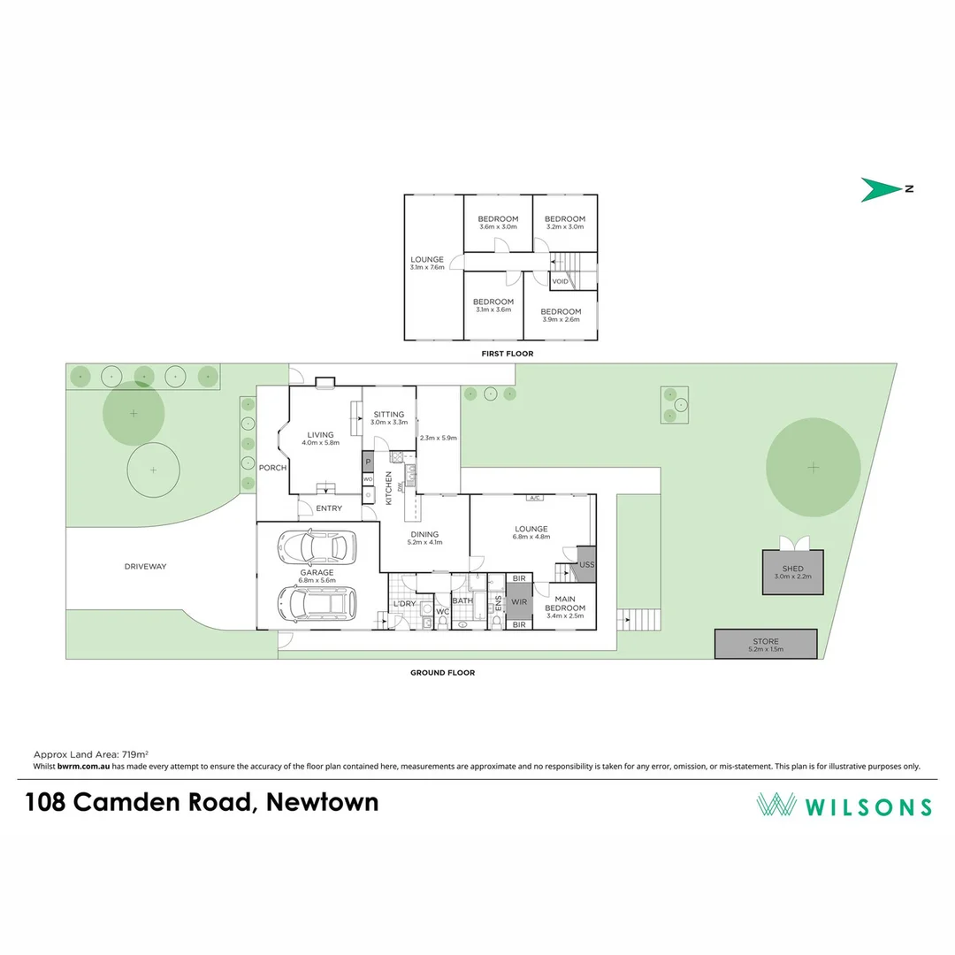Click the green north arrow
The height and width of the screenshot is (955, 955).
tap(880, 189)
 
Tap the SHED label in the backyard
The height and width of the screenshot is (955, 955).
tap(792, 569)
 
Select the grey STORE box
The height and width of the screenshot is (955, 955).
tap(765, 644)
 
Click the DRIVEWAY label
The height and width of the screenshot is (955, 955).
tap(146, 566)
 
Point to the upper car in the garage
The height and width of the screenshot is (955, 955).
tap(316, 546)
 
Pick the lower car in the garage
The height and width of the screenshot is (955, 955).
tap(317, 603)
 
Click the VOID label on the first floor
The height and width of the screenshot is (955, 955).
tap(560, 281)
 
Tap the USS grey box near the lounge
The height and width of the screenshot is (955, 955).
tap(585, 565)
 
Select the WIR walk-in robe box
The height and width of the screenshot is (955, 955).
tap(519, 601)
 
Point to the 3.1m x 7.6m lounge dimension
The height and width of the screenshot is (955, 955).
tap(427, 267)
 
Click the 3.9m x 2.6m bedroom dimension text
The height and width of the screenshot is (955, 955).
tap(561, 319)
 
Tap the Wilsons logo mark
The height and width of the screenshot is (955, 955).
tap(775, 805)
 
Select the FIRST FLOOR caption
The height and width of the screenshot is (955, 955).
tap(508, 354)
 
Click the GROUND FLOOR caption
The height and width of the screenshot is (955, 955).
tap(442, 673)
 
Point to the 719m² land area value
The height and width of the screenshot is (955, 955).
tap(116, 754)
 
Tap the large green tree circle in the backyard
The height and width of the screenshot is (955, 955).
tap(813, 467)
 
